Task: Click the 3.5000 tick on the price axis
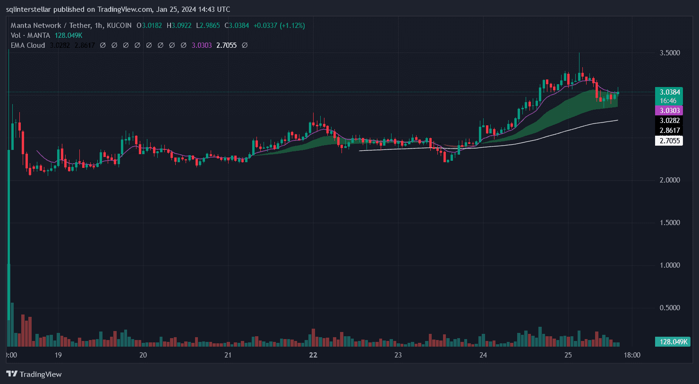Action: click(670, 53)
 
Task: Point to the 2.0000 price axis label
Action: click(670, 180)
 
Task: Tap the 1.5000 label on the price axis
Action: click(670, 223)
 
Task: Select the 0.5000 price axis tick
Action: click(670, 308)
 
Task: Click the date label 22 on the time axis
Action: click(313, 355)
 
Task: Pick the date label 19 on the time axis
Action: click(58, 355)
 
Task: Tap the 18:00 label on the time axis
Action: click(632, 355)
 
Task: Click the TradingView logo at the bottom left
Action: click(34, 374)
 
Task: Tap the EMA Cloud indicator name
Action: click(28, 45)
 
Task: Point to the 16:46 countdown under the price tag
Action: click(668, 101)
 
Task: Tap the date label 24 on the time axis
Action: click(483, 355)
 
